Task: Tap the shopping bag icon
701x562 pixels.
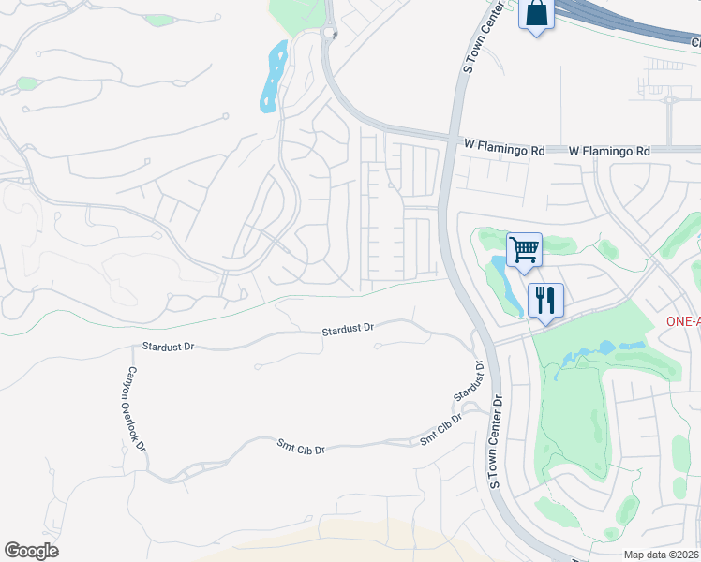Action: [x=536, y=15]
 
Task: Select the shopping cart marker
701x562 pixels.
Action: [x=525, y=250]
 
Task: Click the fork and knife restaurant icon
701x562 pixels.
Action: [x=545, y=301]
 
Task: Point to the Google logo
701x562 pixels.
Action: [x=31, y=551]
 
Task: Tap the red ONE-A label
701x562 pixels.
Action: [x=683, y=320]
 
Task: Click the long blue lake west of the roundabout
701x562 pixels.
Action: [x=273, y=76]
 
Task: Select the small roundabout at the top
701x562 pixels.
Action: [x=329, y=34]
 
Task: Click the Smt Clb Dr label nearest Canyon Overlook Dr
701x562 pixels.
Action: [x=301, y=448]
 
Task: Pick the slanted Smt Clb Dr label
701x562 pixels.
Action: [x=441, y=429]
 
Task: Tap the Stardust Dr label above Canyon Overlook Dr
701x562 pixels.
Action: [x=168, y=347]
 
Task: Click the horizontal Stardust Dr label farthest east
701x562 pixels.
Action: [x=348, y=330]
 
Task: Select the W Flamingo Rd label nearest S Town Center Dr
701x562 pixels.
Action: [x=504, y=147]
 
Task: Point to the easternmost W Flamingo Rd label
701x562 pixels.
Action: [x=609, y=150]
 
